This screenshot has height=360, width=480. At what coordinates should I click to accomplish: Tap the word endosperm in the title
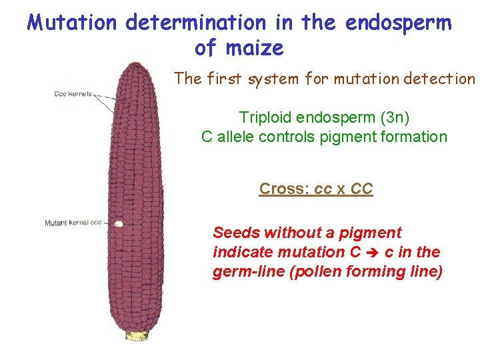[399, 23]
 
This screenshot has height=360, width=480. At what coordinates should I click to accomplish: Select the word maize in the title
[257, 48]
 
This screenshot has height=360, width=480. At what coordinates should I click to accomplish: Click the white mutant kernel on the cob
[118, 224]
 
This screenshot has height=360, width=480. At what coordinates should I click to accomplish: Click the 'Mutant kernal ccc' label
[73, 223]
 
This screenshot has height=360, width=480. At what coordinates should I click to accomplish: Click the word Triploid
[265, 118]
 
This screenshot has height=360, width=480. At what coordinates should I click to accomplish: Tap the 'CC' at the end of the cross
[361, 189]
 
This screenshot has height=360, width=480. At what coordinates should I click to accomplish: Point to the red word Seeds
[236, 233]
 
